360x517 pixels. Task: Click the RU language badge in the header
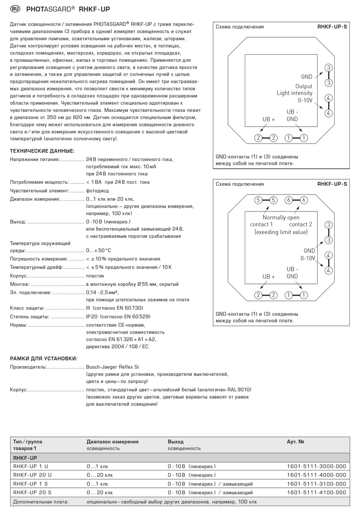(x=16, y=9)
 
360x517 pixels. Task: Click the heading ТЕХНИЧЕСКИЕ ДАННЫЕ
(x=42, y=151)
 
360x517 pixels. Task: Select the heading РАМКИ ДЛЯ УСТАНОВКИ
(x=44, y=358)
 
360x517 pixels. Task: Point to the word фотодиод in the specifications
(x=97, y=191)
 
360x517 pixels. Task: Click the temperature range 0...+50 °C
(x=99, y=251)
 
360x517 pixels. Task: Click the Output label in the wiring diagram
(x=304, y=86)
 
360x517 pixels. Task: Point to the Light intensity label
(x=294, y=93)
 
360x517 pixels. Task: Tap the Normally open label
(x=281, y=218)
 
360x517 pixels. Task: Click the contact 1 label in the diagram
(x=261, y=224)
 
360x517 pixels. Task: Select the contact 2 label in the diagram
(x=301, y=224)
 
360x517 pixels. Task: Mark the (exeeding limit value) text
(x=281, y=232)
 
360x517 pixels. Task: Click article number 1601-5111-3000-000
(x=316, y=466)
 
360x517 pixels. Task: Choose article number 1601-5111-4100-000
(x=316, y=492)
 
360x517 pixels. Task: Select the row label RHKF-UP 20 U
(x=32, y=475)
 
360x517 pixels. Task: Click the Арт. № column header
(x=296, y=442)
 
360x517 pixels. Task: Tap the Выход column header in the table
(x=175, y=442)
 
